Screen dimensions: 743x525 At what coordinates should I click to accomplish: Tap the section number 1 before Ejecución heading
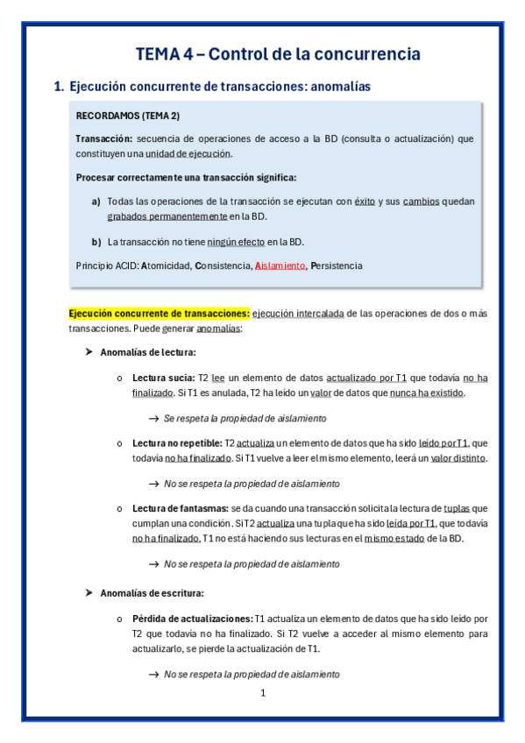pyautogui.click(x=59, y=87)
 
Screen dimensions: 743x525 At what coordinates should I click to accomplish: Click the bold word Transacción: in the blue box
pyautogui.click(x=104, y=138)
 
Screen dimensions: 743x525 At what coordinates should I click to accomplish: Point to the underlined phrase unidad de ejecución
pyautogui.click(x=194, y=153)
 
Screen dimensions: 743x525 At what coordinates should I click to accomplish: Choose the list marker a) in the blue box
pyautogui.click(x=96, y=202)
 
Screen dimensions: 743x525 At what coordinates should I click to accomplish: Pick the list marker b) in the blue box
pyautogui.click(x=96, y=242)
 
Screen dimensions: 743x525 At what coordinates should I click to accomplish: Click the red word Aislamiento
pyautogui.click(x=280, y=265)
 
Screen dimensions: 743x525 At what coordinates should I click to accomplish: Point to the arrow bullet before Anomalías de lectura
pyautogui.click(x=88, y=352)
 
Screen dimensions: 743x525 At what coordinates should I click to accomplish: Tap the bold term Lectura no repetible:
pyautogui.click(x=177, y=443)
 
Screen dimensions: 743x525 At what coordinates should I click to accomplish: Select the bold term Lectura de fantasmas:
pyautogui.click(x=181, y=508)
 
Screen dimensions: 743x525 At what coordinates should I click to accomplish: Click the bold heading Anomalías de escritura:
pyautogui.click(x=153, y=593)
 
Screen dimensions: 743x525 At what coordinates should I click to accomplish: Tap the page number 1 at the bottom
pyautogui.click(x=263, y=693)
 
